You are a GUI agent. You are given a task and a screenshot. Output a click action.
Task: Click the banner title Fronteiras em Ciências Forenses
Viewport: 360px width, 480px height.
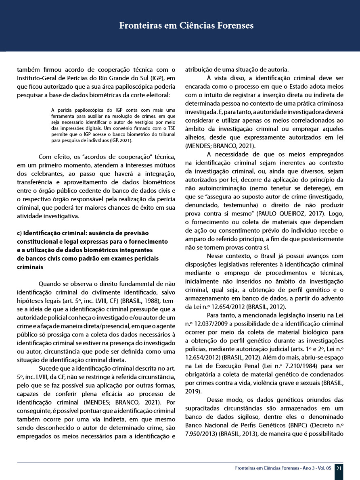186,26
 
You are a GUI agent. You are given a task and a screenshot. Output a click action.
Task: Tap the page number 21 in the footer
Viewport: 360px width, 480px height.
339,468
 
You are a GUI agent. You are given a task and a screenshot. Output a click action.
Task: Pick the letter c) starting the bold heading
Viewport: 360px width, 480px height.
20,233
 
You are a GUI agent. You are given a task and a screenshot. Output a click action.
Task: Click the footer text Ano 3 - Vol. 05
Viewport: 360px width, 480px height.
313,468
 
